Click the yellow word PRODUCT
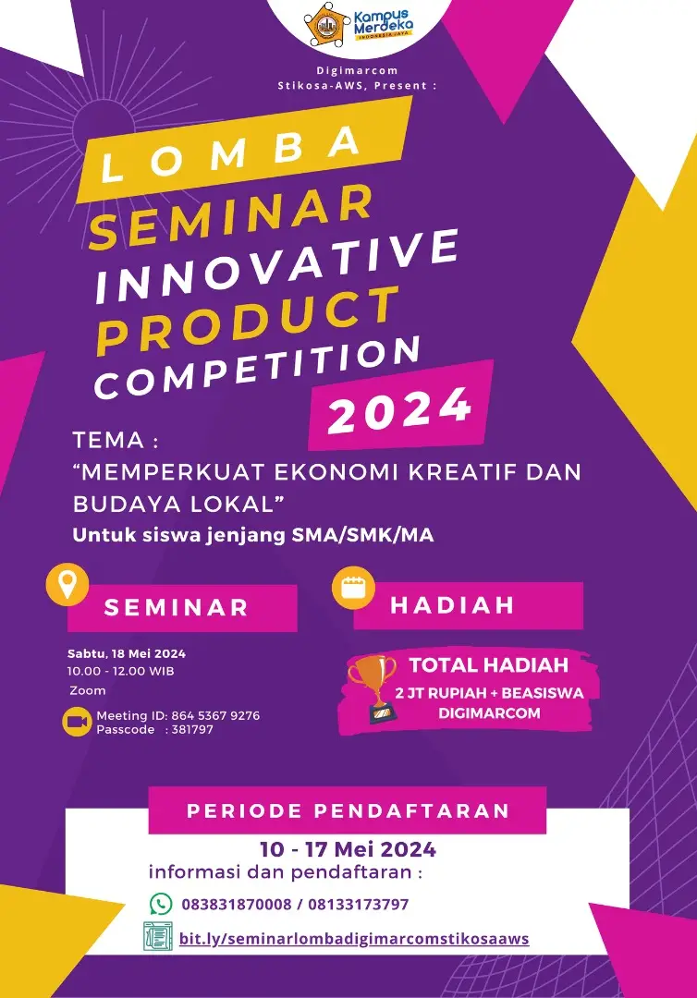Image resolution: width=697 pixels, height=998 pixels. [249, 321]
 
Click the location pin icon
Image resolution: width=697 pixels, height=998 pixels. [67, 584]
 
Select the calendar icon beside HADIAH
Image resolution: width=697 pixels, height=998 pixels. [353, 588]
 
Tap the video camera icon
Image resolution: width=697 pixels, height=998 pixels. [77, 723]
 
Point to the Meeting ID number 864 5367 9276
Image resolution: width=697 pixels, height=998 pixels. [215, 715]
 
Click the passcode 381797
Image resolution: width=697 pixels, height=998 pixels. [192, 729]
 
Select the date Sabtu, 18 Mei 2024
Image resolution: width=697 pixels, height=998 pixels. [127, 653]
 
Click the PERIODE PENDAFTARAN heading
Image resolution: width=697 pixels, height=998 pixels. [348, 810]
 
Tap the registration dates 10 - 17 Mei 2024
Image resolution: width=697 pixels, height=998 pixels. [348, 849]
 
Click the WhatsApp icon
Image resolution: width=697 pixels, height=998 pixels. [161, 903]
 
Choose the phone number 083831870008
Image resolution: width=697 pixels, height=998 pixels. [237, 905]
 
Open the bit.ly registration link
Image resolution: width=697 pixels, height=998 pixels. [354, 938]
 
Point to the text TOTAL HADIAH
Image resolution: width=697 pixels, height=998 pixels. [488, 665]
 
